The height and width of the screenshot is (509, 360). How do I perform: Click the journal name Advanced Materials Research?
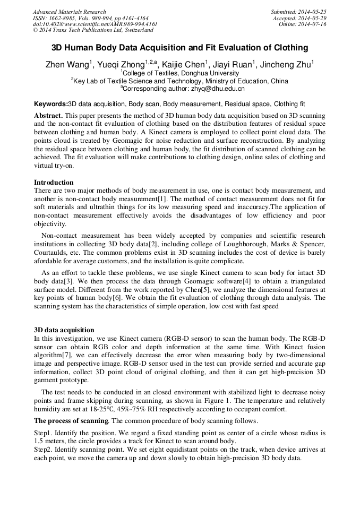pos(69,12)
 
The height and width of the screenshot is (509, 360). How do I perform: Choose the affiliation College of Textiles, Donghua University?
pos(181,73)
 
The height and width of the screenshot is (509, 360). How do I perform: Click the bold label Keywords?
pos(51,104)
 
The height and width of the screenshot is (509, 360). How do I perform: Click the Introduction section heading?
pos(54,182)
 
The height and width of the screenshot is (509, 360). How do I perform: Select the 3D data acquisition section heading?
pos(64,330)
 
